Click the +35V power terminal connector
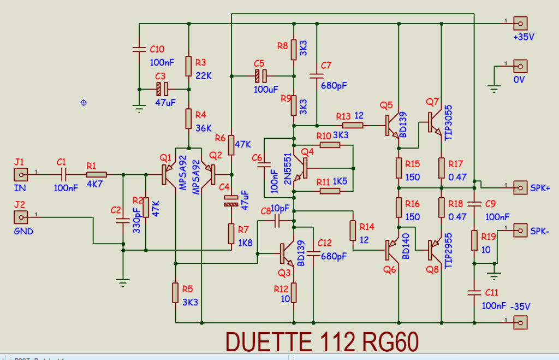coord(520,23)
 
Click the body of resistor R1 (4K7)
coord(96,175)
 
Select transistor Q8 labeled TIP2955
coord(435,250)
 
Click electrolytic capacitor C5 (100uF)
coord(261,75)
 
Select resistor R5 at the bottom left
coord(175,293)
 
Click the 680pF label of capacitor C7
coord(334,86)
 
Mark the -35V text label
coord(520,306)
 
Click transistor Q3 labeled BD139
coord(288,252)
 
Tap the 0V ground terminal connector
coord(520,66)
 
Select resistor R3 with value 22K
coord(188,67)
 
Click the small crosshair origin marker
coord(84,102)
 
